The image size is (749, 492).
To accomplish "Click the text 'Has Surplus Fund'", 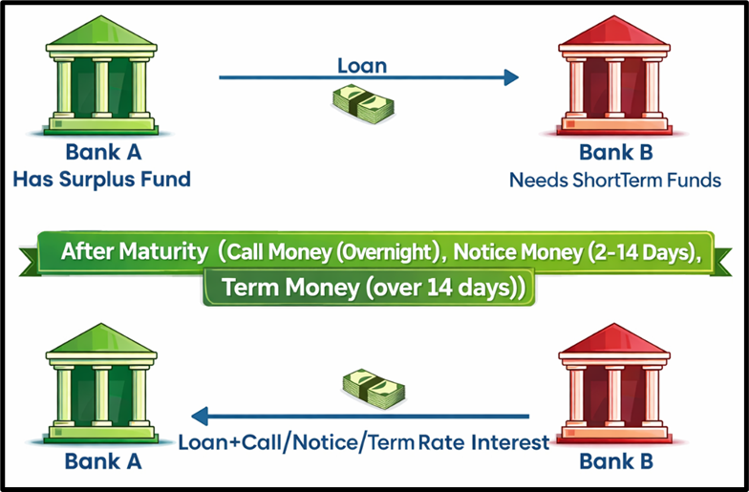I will click(x=102, y=178).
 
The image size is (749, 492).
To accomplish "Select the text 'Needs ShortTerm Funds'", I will click(x=614, y=179).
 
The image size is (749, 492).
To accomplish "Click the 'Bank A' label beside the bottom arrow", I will click(x=102, y=461).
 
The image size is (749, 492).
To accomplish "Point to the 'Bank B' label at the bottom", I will click(x=615, y=461).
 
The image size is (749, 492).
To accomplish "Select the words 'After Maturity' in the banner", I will click(x=134, y=253).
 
